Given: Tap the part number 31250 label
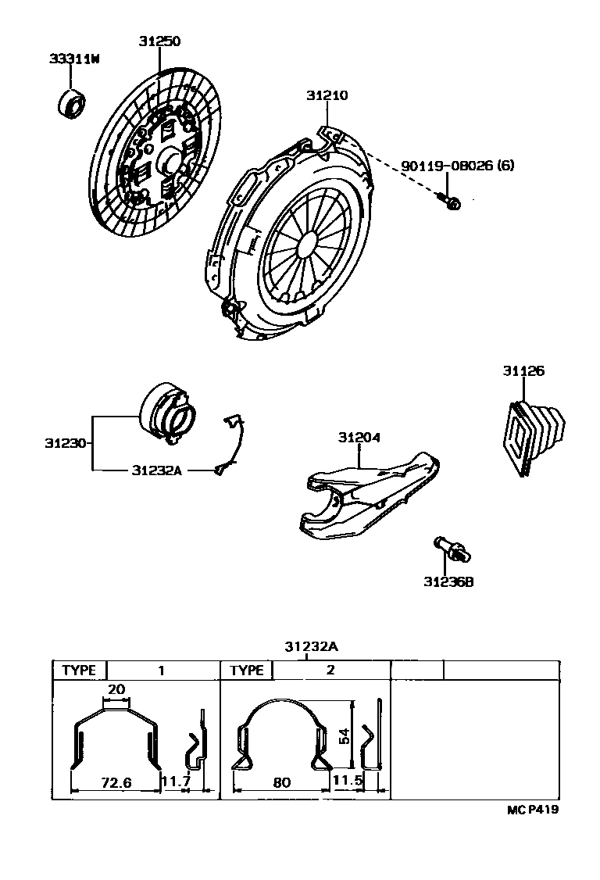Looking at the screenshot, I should [x=160, y=41].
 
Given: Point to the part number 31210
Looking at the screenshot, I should [x=327, y=96].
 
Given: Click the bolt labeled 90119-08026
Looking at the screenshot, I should [x=451, y=200].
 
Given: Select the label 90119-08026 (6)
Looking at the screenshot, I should [x=459, y=166].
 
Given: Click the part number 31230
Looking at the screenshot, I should [x=65, y=443].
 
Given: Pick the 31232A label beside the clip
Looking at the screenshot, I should [x=157, y=470].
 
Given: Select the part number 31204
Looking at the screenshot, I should [x=359, y=438].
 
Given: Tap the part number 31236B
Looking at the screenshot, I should [x=449, y=581].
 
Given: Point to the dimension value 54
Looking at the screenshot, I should [x=343, y=735].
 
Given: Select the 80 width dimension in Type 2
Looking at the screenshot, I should [x=282, y=781].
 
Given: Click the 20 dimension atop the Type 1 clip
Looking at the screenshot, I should [x=116, y=689].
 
